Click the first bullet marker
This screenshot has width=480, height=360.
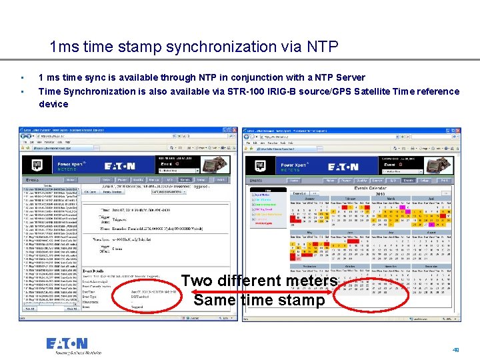(22, 79)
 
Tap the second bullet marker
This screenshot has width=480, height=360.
(22, 91)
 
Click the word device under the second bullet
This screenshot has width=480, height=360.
(53, 104)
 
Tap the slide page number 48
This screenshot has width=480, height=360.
(456, 349)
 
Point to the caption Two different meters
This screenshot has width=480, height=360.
(269, 281)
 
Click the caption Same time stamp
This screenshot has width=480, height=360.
(259, 300)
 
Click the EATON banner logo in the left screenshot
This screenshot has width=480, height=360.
(119, 166)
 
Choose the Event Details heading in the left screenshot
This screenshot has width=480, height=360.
(95, 272)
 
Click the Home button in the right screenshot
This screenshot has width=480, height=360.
(329, 180)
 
